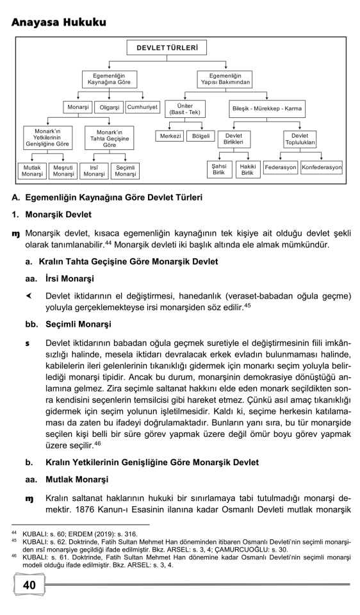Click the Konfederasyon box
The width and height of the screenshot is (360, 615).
click(x=322, y=169)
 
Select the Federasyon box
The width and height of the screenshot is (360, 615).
click(x=279, y=169)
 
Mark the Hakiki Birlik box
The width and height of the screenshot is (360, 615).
click(x=248, y=169)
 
